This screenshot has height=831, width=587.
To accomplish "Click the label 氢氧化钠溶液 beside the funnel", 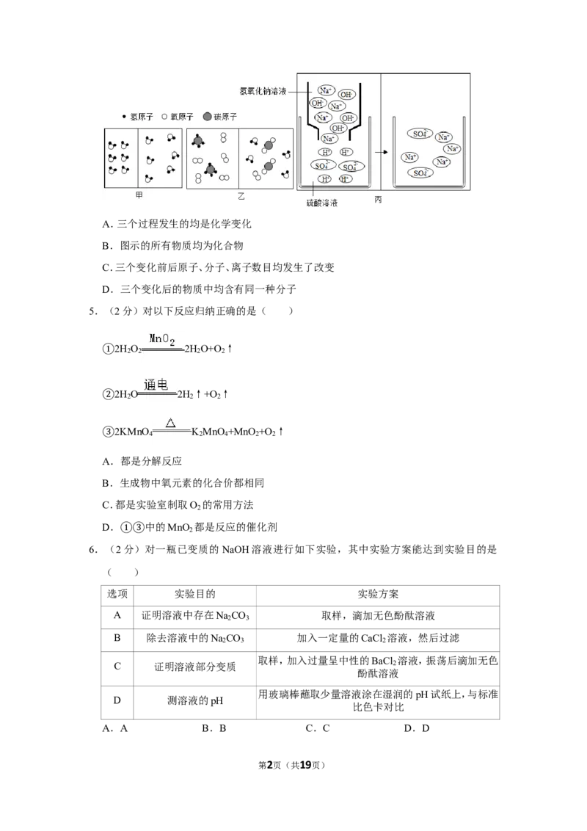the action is click(x=263, y=91).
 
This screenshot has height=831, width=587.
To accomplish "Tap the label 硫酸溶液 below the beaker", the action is click(x=322, y=203).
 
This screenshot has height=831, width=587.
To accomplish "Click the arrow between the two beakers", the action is click(x=382, y=152).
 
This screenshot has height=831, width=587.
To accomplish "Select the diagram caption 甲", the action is click(x=139, y=195).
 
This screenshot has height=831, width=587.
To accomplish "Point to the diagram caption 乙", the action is click(x=241, y=196).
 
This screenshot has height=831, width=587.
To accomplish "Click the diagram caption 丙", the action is click(x=378, y=199).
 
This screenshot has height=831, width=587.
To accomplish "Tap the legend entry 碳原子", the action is click(x=220, y=117).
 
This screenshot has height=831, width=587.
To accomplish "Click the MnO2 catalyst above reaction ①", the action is click(x=161, y=339).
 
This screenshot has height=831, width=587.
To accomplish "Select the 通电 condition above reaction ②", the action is click(x=156, y=385).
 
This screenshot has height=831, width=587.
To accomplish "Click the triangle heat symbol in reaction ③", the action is click(x=170, y=423).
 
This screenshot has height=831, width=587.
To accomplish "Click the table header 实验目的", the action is click(x=195, y=594).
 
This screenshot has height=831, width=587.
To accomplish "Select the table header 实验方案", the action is click(x=378, y=594).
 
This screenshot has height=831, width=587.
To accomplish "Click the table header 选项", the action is click(x=117, y=594).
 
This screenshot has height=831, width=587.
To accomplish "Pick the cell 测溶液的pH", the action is click(x=195, y=700).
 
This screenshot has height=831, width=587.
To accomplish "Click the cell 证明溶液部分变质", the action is click(x=195, y=667).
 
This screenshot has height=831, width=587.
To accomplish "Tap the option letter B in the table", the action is click(x=117, y=637).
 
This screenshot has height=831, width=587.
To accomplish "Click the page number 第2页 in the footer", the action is click(x=269, y=765).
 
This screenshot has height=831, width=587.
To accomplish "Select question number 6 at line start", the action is click(x=93, y=550).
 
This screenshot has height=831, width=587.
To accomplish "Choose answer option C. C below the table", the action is click(x=317, y=728).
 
